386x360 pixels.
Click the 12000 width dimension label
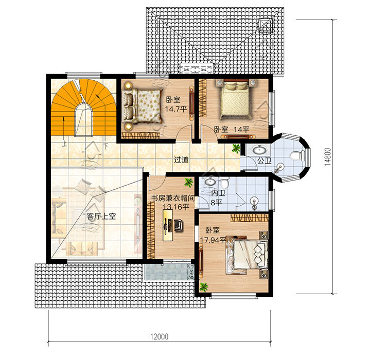click(x=160, y=336)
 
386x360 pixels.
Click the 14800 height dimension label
click(x=327, y=156)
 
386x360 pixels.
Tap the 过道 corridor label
click(x=181, y=160)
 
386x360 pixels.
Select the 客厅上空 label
click(x=101, y=217)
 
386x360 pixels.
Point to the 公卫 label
click(x=264, y=160)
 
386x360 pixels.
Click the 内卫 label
click(x=218, y=193)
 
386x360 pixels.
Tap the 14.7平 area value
click(x=176, y=109)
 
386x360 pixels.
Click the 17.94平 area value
click(x=213, y=240)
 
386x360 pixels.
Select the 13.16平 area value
click(x=176, y=207)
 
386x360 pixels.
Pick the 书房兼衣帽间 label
click(x=172, y=198)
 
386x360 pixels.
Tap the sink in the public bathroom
click(x=259, y=149)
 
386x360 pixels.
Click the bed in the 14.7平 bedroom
click(x=142, y=105)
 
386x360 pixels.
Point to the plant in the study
click(x=188, y=182)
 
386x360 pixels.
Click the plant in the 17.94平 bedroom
click(x=204, y=286)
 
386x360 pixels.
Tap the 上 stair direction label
click(x=64, y=143)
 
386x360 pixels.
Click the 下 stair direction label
click(x=106, y=146)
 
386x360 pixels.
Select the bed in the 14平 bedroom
click(x=234, y=100)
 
